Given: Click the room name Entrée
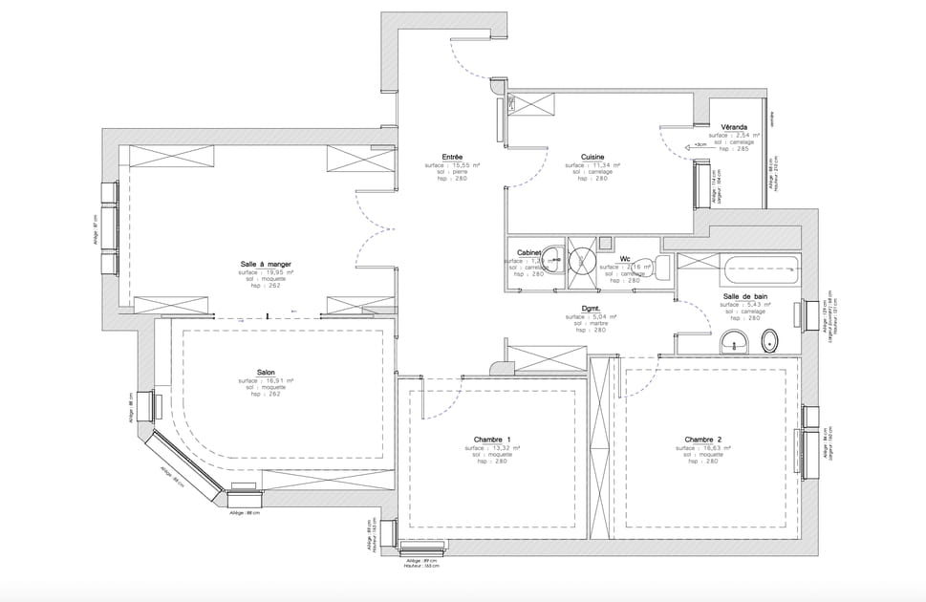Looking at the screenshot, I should (x=452, y=157).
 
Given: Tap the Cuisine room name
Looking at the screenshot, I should (x=592, y=157).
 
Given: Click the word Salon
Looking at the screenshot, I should (x=266, y=373).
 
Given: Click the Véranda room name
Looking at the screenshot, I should (x=734, y=127).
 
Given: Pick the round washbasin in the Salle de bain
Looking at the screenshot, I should (x=734, y=342).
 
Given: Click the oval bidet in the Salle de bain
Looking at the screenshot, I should (x=769, y=341).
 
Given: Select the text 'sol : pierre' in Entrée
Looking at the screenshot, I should (x=452, y=172).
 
